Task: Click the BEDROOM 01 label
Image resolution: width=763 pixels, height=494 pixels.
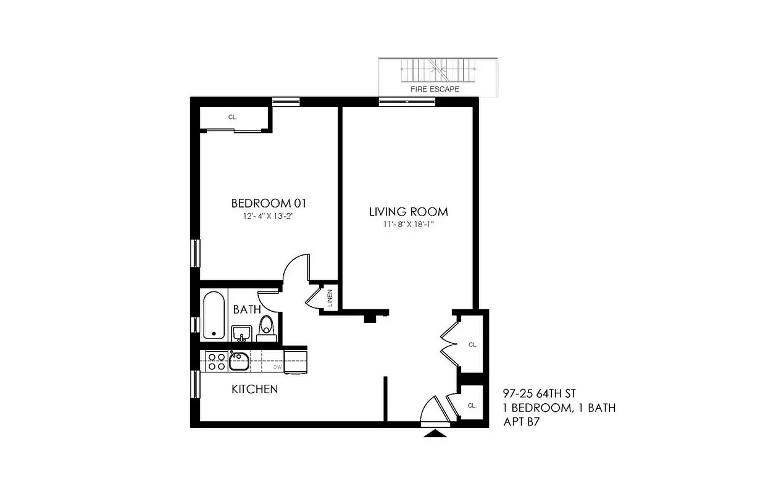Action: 269,203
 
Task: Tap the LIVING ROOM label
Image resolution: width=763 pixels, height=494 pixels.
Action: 408,212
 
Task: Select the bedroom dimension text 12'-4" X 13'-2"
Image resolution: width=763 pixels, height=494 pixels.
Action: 267,217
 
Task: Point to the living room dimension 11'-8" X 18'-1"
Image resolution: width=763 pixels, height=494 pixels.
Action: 409,225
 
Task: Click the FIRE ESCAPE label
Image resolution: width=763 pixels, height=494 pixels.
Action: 435,90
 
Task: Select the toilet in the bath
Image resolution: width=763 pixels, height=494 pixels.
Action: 267,327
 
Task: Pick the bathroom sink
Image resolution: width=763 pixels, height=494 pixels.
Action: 241,333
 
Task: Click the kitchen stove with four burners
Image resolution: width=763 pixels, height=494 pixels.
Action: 216,361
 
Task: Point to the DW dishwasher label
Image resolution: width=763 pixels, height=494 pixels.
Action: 278,367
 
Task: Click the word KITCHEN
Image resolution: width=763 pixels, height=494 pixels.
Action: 254,389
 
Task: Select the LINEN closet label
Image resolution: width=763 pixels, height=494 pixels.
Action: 330,298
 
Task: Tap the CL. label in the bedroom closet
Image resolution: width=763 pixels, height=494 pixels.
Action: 233,117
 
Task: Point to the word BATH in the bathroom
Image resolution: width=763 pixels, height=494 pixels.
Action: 247,309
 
